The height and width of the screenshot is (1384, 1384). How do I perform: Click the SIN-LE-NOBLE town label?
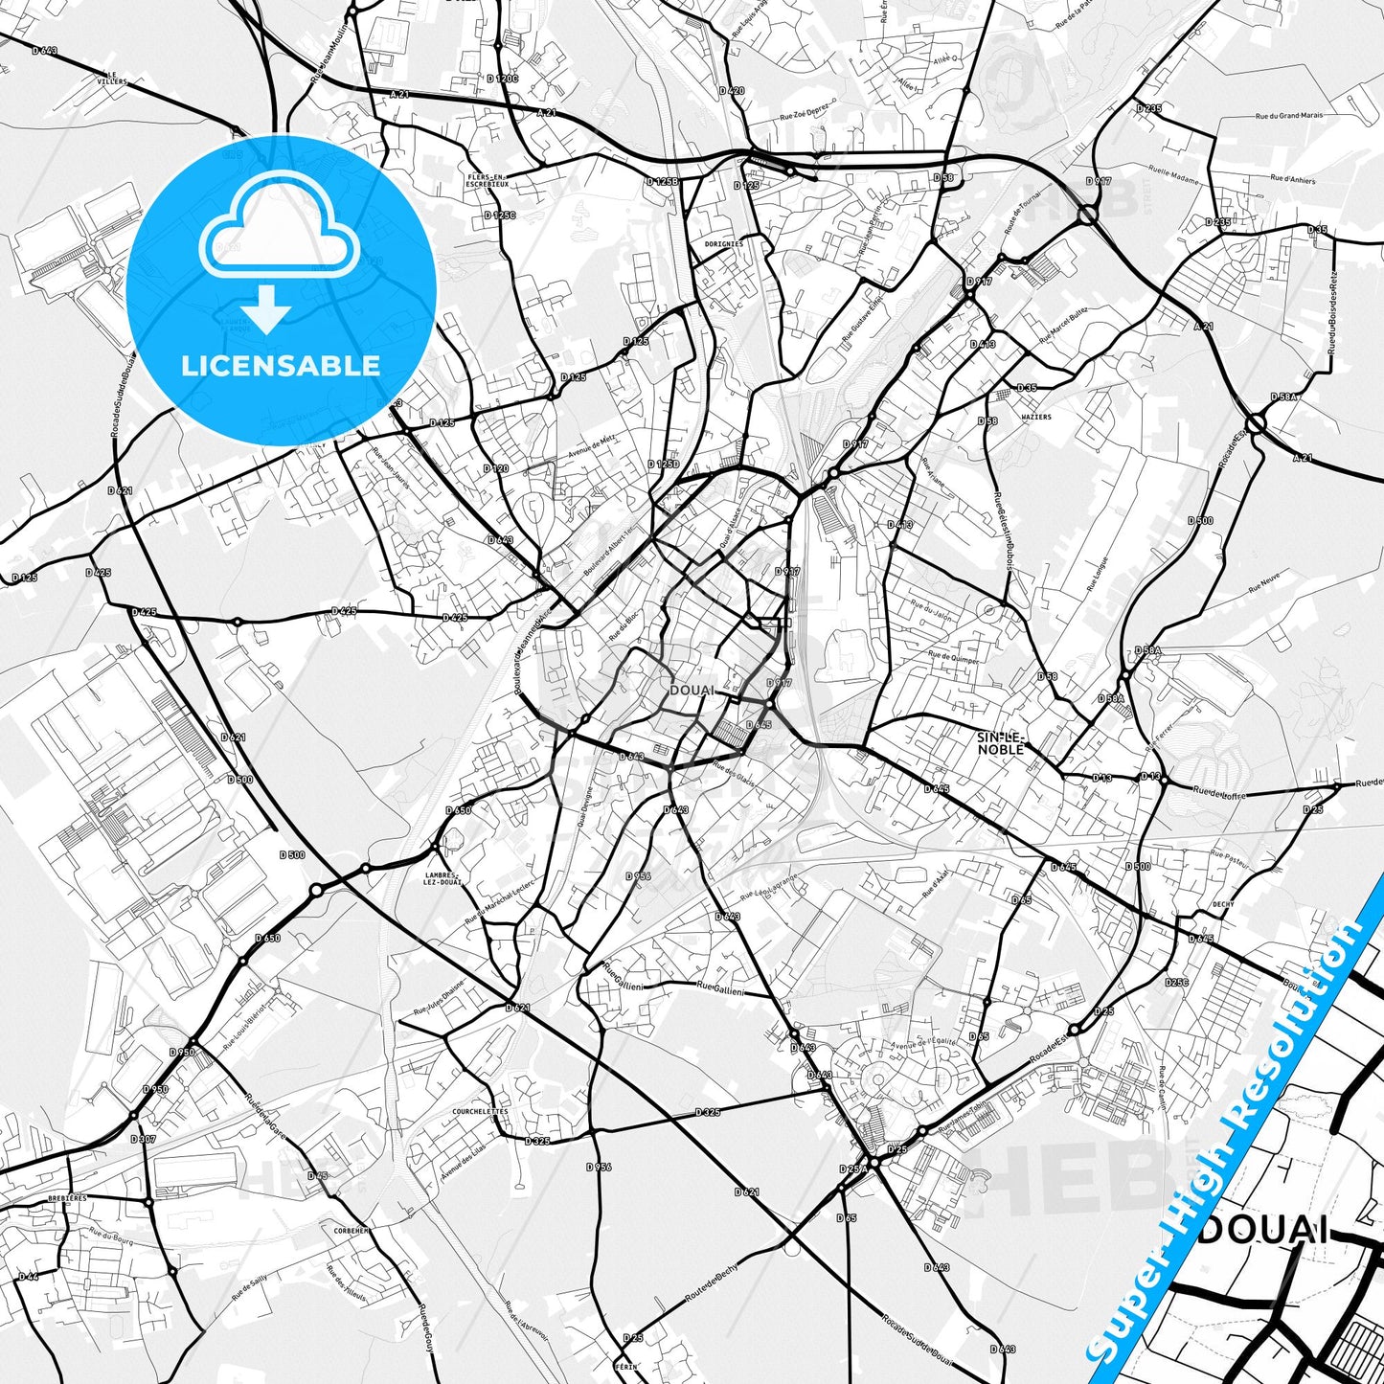(x=1001, y=743)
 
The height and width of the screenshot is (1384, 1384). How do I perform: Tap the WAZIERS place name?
(x=1036, y=417)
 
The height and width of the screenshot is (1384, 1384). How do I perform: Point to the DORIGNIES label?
(x=724, y=244)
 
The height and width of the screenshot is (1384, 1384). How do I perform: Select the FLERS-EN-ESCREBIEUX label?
(x=488, y=180)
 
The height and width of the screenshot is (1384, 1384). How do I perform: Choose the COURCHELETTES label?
(x=481, y=1112)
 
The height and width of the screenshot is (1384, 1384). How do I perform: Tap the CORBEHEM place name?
(x=352, y=1231)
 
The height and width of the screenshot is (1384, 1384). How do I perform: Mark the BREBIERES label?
(x=67, y=1198)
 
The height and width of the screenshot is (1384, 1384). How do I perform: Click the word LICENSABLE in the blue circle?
(x=281, y=366)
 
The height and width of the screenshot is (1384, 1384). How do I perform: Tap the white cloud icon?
(x=279, y=235)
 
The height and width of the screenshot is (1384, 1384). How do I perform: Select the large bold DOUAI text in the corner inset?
(x=1263, y=1230)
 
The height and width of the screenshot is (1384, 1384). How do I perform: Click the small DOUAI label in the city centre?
(x=692, y=690)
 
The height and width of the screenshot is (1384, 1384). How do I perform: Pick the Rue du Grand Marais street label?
(x=1289, y=116)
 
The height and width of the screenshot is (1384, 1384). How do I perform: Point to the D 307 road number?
(x=143, y=1139)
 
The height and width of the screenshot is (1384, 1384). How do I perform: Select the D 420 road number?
(x=732, y=91)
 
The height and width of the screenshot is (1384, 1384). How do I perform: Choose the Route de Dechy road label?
(x=713, y=1283)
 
